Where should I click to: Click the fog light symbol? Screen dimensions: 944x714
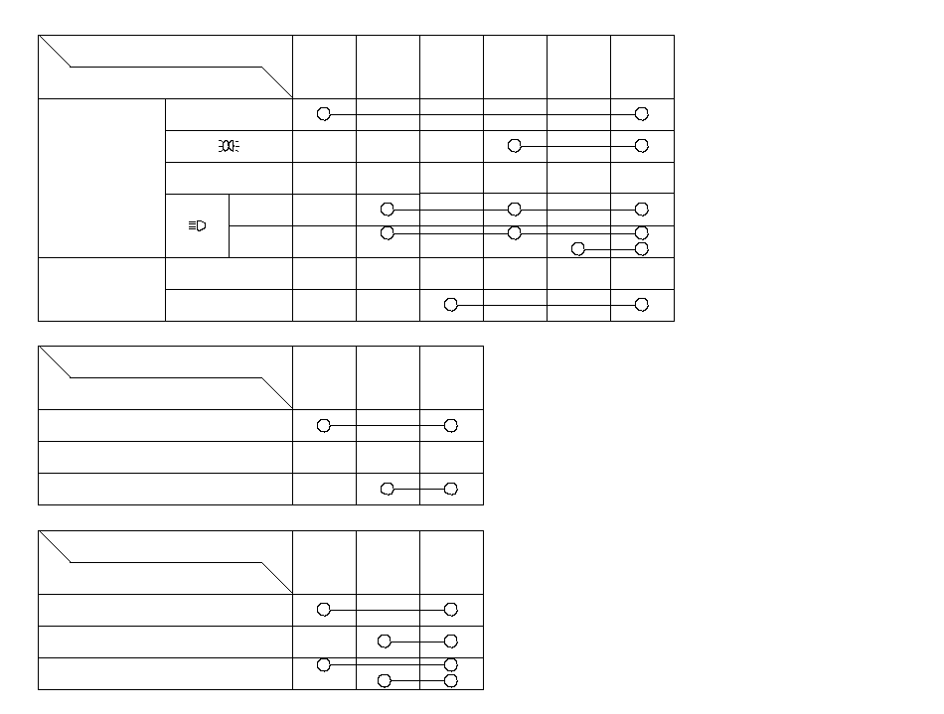(x=229, y=146)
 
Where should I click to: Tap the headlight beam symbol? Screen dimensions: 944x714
(x=197, y=225)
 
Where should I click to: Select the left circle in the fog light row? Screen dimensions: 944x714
(x=515, y=146)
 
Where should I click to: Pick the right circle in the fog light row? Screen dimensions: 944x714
(x=642, y=146)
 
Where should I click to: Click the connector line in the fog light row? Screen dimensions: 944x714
(x=578, y=146)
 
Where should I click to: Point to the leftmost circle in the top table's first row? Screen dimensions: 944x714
(x=324, y=114)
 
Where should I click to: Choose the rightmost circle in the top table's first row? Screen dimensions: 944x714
(x=642, y=114)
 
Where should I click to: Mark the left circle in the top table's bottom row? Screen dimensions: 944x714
(x=451, y=305)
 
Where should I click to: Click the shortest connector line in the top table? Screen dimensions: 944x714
(x=610, y=249)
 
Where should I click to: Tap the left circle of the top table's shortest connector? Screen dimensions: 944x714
(x=578, y=249)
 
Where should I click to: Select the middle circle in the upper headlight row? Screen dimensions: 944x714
(x=515, y=210)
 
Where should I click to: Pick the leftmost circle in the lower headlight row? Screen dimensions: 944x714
(x=388, y=233)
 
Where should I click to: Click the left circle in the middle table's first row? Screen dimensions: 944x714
(x=324, y=426)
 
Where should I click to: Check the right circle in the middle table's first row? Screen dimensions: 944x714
(x=451, y=426)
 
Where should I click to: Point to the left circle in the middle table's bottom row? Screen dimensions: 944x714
(x=388, y=490)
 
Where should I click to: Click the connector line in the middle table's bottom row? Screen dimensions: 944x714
(x=419, y=490)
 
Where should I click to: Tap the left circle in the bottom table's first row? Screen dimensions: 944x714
(x=324, y=610)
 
